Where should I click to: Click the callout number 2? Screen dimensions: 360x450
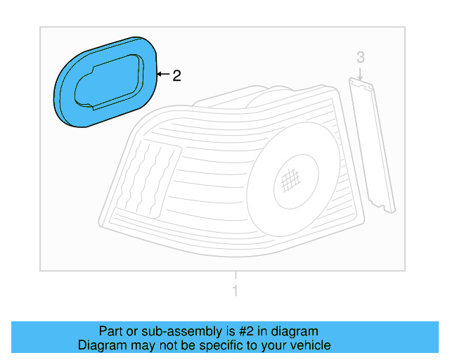click(x=177, y=75)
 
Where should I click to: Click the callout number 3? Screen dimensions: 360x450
click(x=360, y=57)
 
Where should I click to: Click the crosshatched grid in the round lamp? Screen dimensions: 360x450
click(x=290, y=182)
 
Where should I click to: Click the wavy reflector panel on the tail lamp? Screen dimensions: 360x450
click(x=150, y=176)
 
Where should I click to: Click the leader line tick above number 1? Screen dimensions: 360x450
click(x=236, y=276)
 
